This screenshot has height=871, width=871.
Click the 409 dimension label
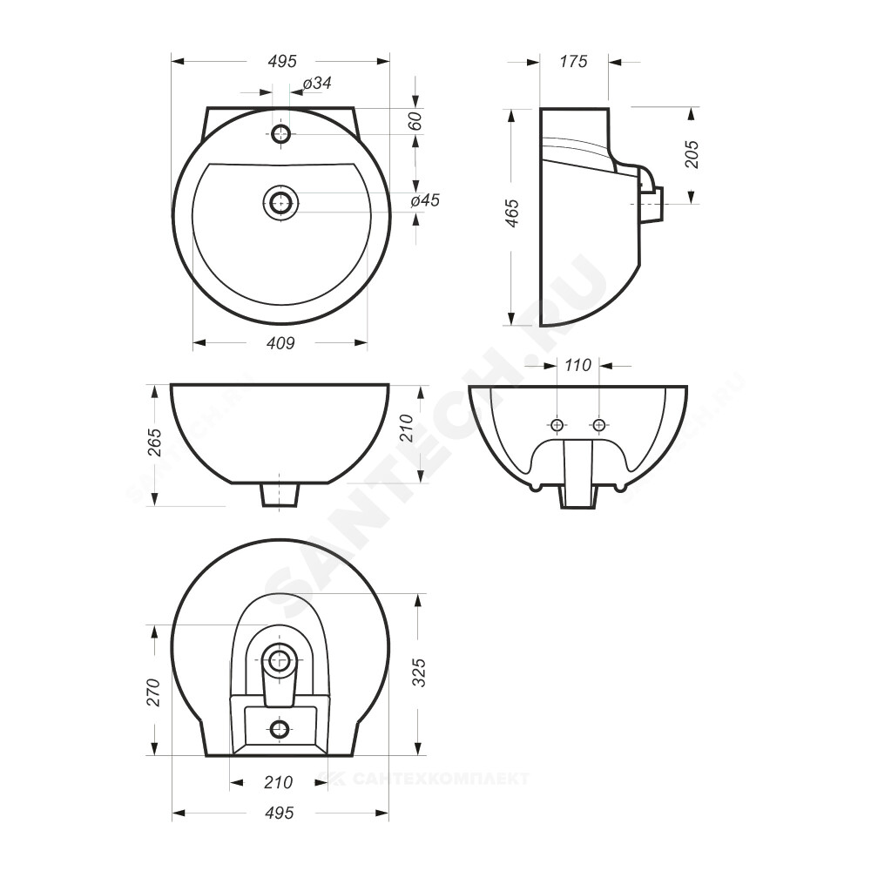click(280, 343)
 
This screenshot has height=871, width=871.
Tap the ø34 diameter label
click(317, 84)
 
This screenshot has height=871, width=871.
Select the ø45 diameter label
click(426, 200)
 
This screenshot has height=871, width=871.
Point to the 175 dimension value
click(573, 61)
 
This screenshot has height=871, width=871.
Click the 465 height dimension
click(511, 213)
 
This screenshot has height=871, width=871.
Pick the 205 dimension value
click(692, 154)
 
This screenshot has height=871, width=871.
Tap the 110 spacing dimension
click(577, 365)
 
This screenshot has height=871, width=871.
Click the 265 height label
click(154, 442)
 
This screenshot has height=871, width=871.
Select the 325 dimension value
click(420, 672)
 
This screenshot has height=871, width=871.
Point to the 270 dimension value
click(152, 692)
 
